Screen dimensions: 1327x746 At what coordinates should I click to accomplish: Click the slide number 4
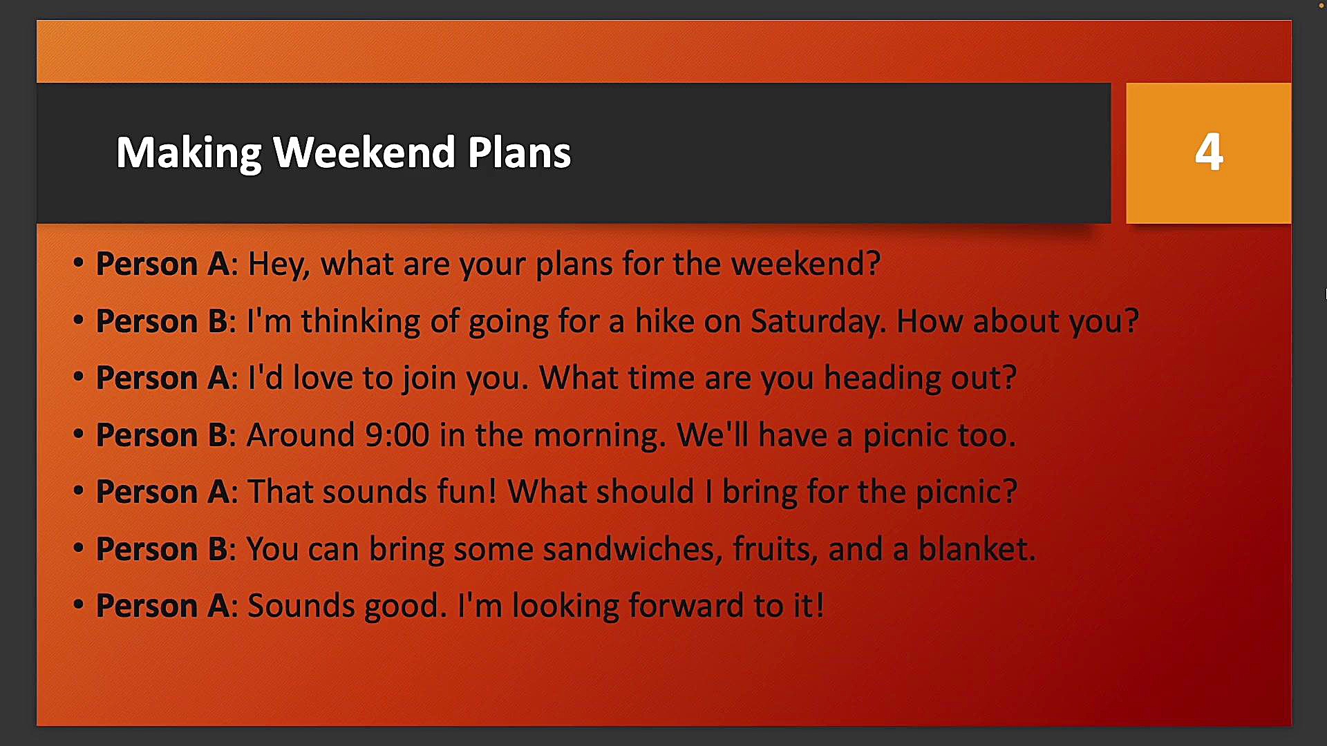click(1209, 152)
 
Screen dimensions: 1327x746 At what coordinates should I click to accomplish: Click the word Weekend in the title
click(364, 152)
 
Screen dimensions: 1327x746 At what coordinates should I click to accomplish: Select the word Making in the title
click(189, 153)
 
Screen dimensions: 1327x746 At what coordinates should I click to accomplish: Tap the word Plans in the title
click(519, 152)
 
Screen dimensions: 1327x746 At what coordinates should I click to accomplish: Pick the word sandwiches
click(632, 549)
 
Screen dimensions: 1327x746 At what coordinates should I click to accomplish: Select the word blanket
click(977, 549)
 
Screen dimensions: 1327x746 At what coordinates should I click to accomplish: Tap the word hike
click(664, 321)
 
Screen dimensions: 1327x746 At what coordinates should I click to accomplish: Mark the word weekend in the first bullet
click(805, 264)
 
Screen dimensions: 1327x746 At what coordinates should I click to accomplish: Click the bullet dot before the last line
click(78, 605)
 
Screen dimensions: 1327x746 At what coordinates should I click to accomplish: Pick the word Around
click(301, 435)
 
